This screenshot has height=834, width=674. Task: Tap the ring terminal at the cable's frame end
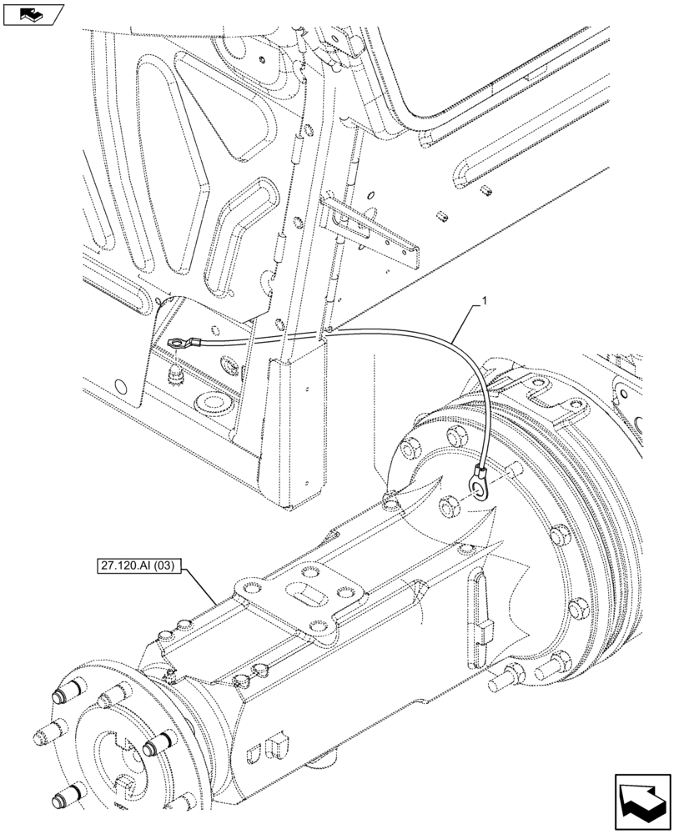178,341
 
